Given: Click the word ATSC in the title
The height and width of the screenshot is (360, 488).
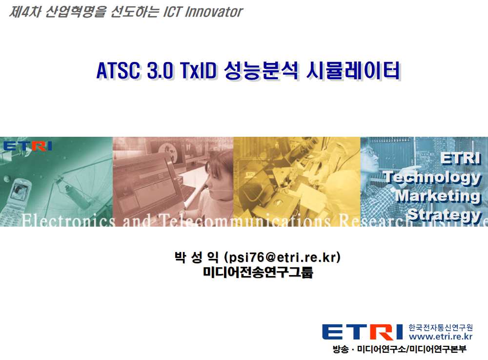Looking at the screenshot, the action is [118, 70].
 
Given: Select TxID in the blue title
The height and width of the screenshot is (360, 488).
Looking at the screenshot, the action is [198, 70].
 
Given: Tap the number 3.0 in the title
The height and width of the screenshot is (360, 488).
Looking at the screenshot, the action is [160, 70].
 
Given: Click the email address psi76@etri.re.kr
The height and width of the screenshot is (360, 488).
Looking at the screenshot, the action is [283, 257].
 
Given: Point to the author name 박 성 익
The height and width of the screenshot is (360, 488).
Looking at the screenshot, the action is [196, 257].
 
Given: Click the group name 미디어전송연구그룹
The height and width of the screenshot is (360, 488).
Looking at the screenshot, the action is [258, 272].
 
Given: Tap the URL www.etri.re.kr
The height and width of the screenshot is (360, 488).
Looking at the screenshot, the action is [441, 337].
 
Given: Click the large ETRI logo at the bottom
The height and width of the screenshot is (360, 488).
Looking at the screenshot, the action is [363, 332].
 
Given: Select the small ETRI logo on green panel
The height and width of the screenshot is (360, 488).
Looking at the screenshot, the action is [28, 146].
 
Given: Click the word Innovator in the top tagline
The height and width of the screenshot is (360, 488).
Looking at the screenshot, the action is [214, 12].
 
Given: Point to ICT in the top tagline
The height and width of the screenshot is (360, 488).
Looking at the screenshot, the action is [173, 12].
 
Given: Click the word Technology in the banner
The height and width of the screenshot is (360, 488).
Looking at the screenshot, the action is [432, 178].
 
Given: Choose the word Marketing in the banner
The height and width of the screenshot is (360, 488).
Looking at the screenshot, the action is [439, 196].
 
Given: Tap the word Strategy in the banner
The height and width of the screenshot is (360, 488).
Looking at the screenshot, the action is [445, 215].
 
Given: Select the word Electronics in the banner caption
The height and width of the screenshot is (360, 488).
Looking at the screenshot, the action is [68, 221].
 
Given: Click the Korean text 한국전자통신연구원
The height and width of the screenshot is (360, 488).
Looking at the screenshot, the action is [441, 328].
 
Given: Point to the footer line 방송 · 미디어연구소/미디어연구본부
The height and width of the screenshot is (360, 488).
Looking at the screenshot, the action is [400, 349].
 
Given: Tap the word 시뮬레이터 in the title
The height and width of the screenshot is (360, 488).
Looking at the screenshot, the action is [353, 70].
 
